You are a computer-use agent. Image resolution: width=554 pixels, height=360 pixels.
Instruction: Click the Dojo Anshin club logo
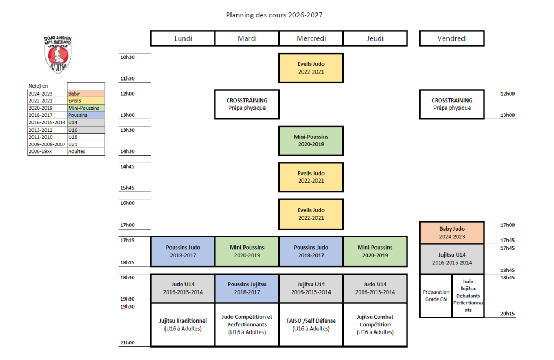coord(58,54)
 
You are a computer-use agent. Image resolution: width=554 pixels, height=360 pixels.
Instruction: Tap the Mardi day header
coord(247,38)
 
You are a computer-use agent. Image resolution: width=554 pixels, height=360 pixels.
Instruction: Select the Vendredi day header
coord(452,38)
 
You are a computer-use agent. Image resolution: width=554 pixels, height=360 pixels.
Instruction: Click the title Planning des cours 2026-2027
coord(274,15)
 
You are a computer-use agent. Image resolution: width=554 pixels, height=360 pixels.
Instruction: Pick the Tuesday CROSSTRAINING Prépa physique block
coord(247,104)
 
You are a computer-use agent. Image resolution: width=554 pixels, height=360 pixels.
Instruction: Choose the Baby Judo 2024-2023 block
coord(452,232)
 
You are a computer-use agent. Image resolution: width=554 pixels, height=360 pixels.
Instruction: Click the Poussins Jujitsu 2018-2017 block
coord(247,288)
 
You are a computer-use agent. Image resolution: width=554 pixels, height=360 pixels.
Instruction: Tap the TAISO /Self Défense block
coord(311,324)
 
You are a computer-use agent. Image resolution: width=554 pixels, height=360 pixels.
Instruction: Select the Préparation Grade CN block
coord(436,296)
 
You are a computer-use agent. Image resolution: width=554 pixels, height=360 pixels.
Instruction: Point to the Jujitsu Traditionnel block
coord(183,324)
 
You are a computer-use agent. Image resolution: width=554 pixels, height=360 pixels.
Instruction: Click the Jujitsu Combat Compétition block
coord(375,324)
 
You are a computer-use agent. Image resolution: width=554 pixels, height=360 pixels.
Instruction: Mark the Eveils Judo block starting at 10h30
coord(311,68)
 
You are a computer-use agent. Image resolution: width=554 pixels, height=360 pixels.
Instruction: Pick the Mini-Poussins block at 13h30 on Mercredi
coord(311,141)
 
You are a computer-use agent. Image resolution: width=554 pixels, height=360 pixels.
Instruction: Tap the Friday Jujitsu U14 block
coord(452,259)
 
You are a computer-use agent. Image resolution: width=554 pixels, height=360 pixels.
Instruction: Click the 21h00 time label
coord(127,342)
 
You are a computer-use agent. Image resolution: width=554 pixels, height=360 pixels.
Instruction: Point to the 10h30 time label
coord(127,57)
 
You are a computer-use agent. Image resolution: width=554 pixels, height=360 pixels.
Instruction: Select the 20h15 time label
coord(507,314)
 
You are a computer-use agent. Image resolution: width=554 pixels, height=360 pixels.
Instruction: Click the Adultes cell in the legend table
coord(85,151)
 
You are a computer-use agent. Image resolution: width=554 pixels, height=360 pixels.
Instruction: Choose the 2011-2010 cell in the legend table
coord(47,137)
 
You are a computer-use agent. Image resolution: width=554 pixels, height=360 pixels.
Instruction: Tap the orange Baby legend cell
coord(85,94)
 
